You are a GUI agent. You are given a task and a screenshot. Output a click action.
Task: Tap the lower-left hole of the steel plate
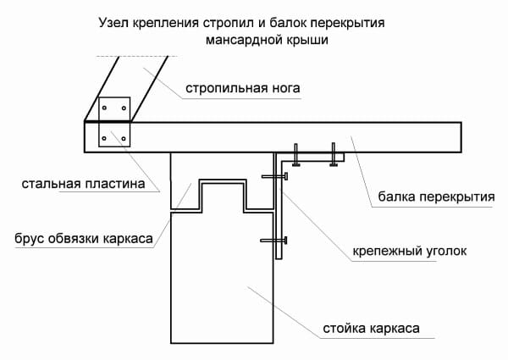click(105, 138)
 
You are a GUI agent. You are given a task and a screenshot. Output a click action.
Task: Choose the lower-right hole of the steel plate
click(125, 138)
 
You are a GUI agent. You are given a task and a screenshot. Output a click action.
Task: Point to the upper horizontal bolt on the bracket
click(276, 177)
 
